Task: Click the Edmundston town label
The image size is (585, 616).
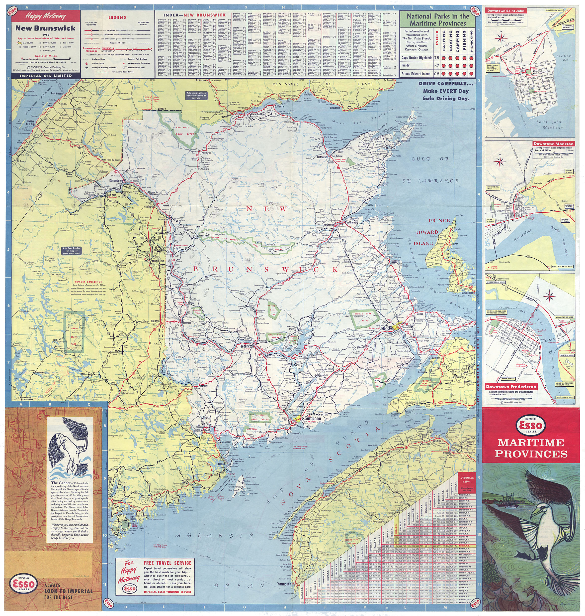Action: click(116, 180)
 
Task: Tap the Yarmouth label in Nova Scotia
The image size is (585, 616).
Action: click(284, 584)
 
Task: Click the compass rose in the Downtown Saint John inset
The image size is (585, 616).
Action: click(501, 38)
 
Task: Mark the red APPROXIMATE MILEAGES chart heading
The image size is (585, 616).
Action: click(467, 479)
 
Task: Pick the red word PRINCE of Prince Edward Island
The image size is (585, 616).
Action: click(439, 220)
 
